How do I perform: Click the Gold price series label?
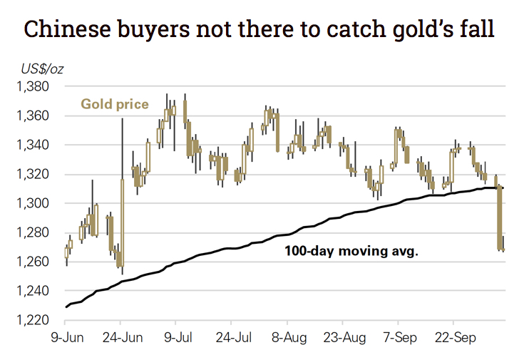(114, 104)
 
